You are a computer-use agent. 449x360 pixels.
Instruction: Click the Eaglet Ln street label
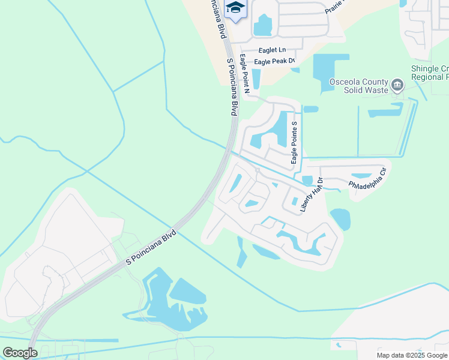point(272,50)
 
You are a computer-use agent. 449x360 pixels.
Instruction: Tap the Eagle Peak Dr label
point(275,62)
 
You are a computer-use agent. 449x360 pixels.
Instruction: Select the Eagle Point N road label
point(244,74)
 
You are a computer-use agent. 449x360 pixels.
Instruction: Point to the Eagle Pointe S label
point(294,142)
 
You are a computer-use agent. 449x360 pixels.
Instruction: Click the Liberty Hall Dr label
point(312,194)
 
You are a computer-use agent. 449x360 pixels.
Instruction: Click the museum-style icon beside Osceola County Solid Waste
point(397,86)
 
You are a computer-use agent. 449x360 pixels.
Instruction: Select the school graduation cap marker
point(235,8)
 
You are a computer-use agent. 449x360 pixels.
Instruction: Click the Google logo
point(20,353)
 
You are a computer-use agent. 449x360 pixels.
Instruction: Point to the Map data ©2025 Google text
point(412,355)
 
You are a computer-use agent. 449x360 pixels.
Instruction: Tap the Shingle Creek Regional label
point(429,73)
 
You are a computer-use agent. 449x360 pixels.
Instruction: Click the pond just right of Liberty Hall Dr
point(340,218)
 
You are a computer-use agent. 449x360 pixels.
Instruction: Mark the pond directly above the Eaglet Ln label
point(263,25)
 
